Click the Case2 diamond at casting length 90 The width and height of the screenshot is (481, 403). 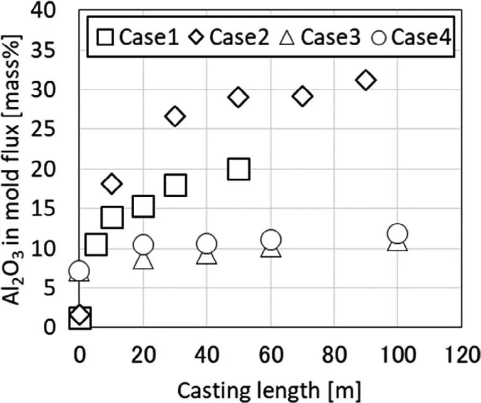366,80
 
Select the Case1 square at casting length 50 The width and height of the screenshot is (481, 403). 238,169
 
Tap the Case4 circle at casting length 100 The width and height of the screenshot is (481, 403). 397,234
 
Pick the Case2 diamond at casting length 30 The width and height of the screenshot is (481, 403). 175,116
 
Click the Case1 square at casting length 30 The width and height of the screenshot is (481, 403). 175,185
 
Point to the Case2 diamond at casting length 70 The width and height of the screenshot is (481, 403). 303,97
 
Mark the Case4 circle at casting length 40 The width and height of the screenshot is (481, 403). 207,245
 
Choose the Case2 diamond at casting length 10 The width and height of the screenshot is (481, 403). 112,184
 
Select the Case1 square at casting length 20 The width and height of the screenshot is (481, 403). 143,206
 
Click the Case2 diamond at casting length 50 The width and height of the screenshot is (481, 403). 238,97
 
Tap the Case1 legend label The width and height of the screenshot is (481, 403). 148,38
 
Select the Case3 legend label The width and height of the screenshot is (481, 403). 330,38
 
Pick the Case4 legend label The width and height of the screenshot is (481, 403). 420,38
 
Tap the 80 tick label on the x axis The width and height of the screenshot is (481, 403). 334,356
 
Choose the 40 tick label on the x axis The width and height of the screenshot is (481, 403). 207,356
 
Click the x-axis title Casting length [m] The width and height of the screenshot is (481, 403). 269,387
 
